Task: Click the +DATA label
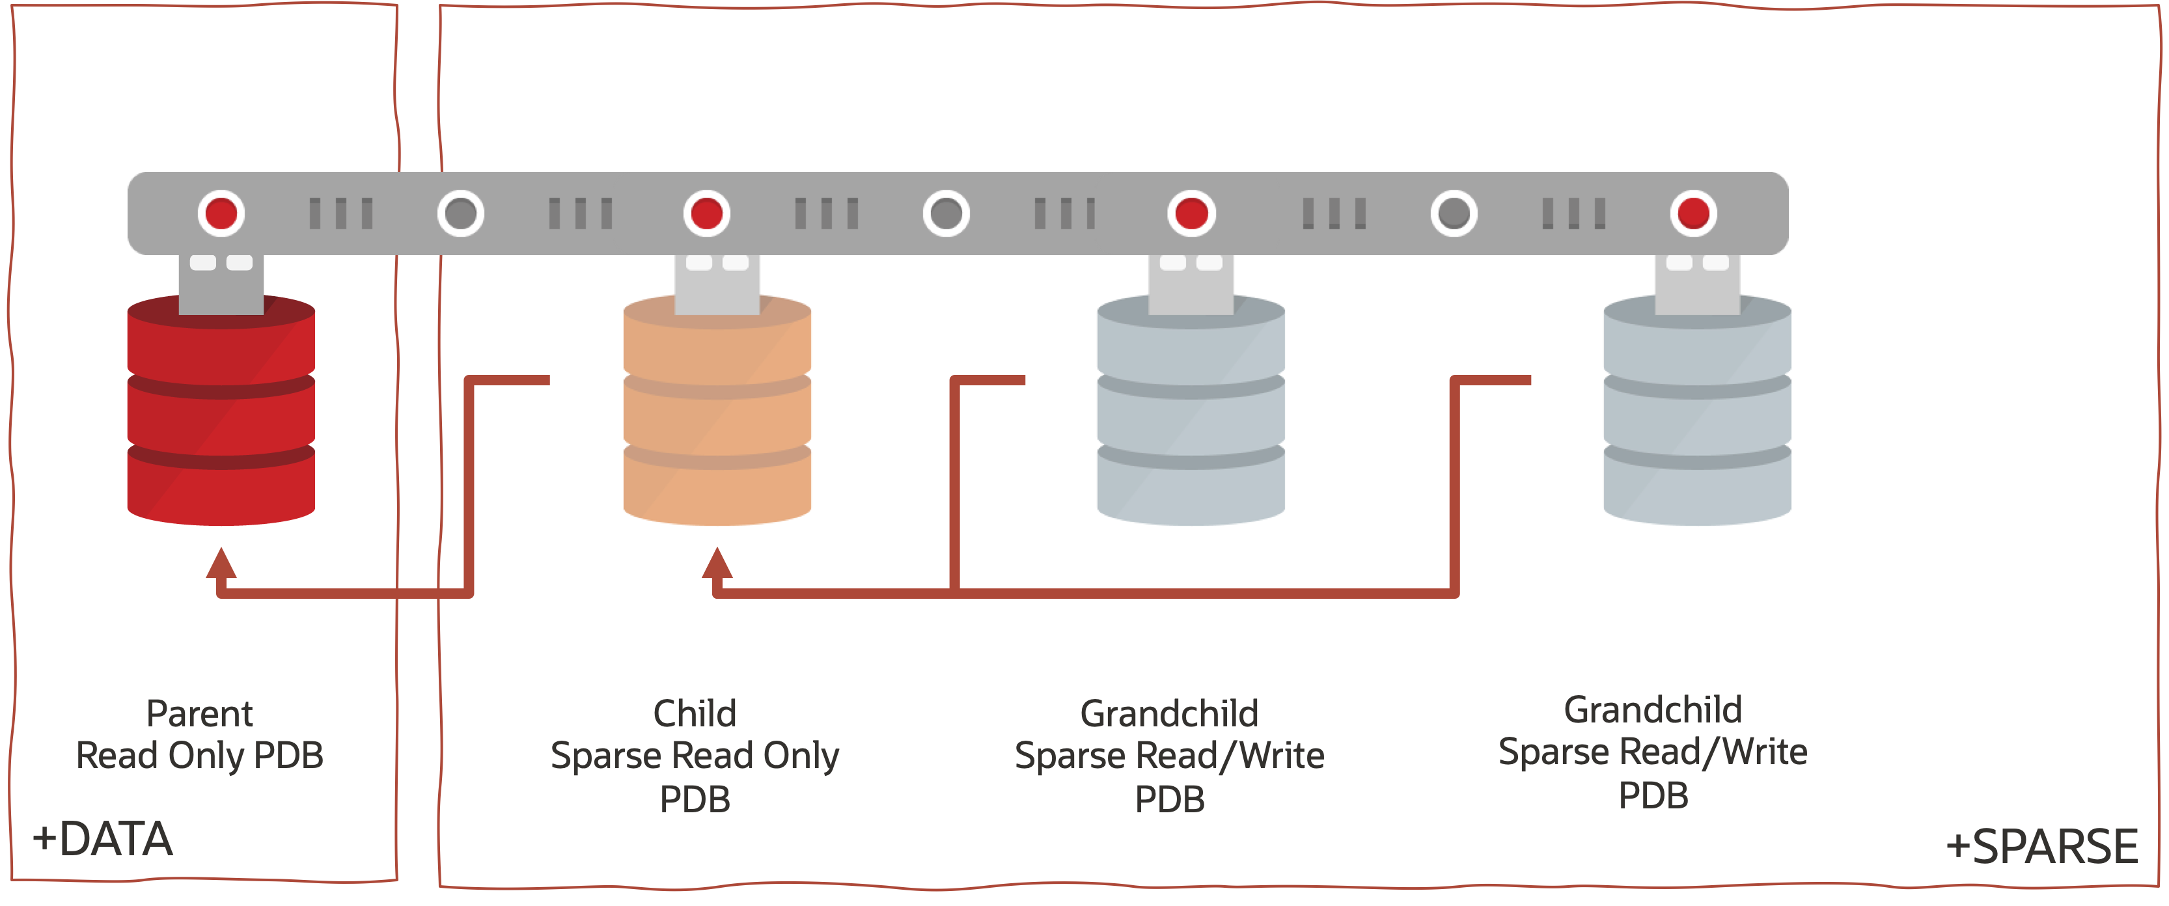103,840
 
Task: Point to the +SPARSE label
2042,846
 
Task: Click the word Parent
200,714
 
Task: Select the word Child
695,714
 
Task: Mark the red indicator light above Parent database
221,213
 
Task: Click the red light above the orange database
706,213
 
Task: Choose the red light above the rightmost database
1693,213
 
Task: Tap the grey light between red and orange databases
461,213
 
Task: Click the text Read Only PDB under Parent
200,755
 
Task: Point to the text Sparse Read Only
695,755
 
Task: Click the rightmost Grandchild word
1652,710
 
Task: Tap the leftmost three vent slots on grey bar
341,213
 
